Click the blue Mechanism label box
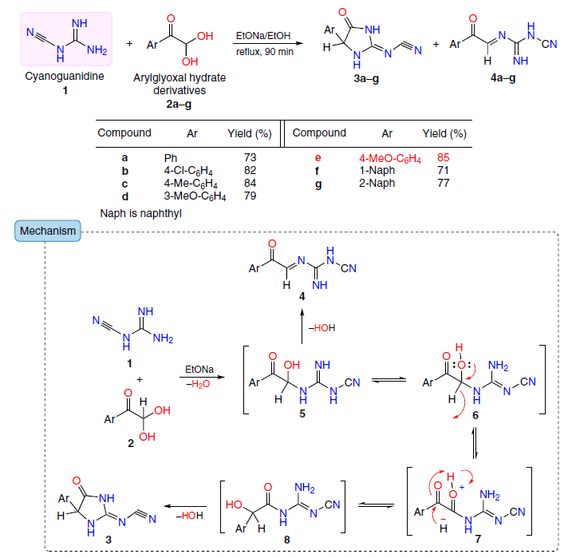tap(48, 231)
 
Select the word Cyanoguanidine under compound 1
tap(65, 77)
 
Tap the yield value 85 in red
tap(444, 157)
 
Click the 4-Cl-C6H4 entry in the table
tap(188, 171)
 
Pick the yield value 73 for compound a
tap(250, 157)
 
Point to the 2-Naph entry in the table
tap(377, 183)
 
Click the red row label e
tap(318, 157)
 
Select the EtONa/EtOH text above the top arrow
tap(263, 36)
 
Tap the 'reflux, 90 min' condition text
tap(265, 52)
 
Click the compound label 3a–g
tap(366, 78)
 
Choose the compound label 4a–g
tap(503, 77)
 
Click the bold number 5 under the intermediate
tap(302, 414)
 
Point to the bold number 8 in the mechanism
tap(287, 540)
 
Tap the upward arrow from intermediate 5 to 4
tap(302, 326)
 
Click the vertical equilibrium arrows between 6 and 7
tap(475, 443)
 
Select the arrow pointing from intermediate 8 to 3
tap(185, 506)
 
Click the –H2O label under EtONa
tap(198, 384)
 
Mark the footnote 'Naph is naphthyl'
tap(141, 213)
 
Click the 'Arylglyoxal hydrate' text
tap(179, 77)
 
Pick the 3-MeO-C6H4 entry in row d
tap(195, 196)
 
